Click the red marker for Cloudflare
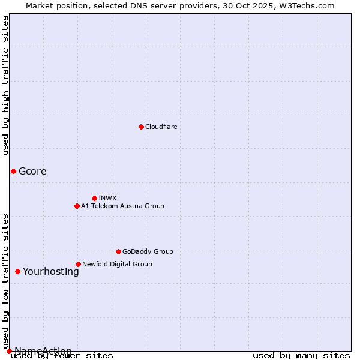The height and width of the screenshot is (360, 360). (141, 127)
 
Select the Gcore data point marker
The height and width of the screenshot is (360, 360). (13, 171)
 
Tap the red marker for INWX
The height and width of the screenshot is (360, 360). (94, 198)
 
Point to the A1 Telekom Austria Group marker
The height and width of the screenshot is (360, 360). (77, 206)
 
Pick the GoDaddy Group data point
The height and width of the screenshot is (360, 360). (118, 251)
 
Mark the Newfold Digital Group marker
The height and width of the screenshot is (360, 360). (78, 264)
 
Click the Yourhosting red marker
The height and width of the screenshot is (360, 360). (17, 271)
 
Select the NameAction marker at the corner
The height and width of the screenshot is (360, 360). (9, 351)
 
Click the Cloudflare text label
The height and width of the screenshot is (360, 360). (161, 127)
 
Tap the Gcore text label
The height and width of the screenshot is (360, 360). (32, 171)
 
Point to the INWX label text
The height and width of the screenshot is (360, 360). (107, 198)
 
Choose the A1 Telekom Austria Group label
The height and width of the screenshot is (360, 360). (122, 206)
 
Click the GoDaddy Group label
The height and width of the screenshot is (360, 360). (148, 251)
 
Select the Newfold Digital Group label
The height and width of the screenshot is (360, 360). (117, 264)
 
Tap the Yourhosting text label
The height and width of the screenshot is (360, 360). (51, 271)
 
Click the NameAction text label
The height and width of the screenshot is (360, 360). (43, 351)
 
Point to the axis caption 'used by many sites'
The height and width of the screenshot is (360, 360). (301, 355)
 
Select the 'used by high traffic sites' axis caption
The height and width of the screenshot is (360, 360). (6, 85)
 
